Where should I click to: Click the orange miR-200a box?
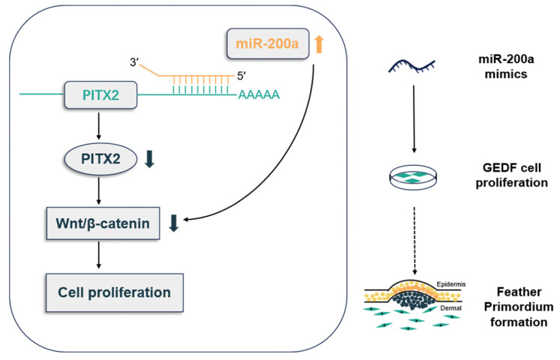[x=268, y=43]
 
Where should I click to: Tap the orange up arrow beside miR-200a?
[x=319, y=43]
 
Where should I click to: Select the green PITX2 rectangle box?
[x=100, y=95]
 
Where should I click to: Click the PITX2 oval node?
[x=100, y=158]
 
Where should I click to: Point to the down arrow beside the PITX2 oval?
[x=149, y=159]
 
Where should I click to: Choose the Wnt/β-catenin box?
[x=103, y=223]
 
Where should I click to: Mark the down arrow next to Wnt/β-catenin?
[x=174, y=223]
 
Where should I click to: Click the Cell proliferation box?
[x=115, y=292]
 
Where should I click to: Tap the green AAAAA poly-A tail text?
[x=259, y=95]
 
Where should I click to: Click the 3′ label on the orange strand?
[x=134, y=62]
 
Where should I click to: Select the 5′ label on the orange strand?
[x=242, y=76]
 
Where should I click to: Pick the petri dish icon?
[x=413, y=177]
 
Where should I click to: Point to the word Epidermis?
[x=451, y=285]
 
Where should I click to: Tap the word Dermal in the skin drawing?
[x=451, y=307]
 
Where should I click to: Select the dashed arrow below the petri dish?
[x=415, y=241]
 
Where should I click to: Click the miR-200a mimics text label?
[x=506, y=66]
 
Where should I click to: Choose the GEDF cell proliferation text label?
[x=511, y=175]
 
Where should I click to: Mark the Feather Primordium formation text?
[x=519, y=307]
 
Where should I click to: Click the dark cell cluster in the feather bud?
[x=413, y=299]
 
